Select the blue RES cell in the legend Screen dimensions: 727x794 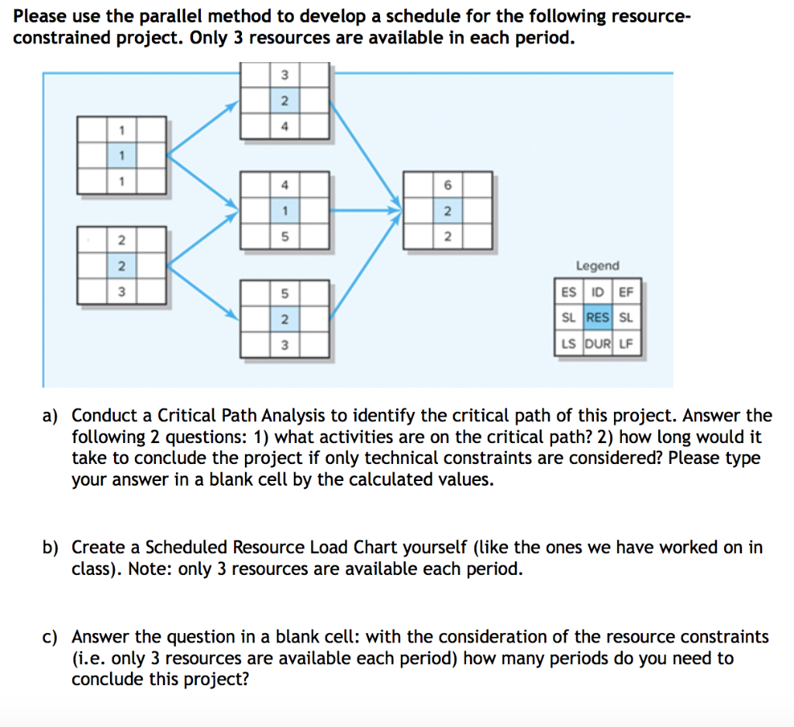597,317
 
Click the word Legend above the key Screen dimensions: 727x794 597,266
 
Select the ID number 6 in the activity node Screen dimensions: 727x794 447,185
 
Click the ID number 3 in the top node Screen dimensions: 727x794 285,75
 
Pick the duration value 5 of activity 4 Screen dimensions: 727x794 285,237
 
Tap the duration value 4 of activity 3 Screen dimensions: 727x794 285,126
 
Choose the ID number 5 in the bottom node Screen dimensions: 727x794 285,293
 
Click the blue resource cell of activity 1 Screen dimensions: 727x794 121,155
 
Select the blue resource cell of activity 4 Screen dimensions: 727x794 285,211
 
